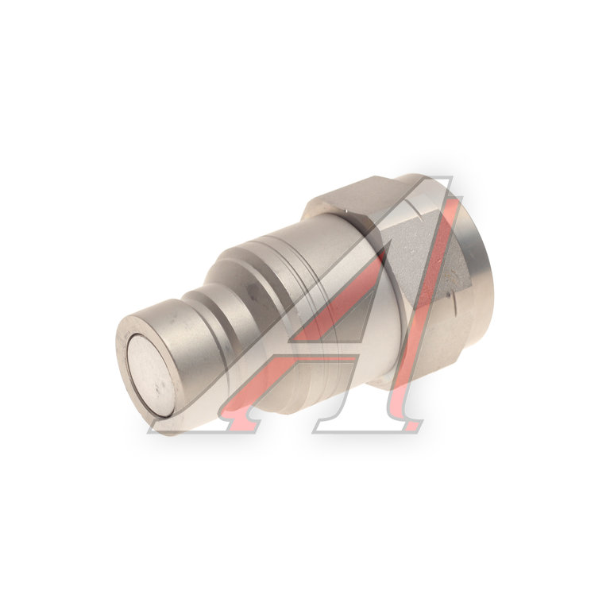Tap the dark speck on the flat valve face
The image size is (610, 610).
coord(158,387)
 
